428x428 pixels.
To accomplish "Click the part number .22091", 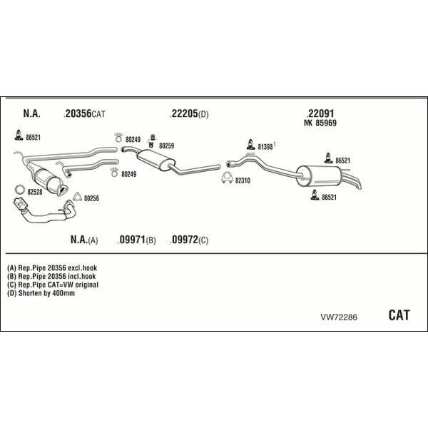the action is pyautogui.click(x=320, y=113).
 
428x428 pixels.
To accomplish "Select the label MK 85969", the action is pyautogui.click(x=320, y=123).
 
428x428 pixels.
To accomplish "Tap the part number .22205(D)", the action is pyautogui.click(x=189, y=113).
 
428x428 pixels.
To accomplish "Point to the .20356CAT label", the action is pyautogui.click(x=84, y=113).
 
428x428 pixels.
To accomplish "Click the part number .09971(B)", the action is pyautogui.click(x=136, y=240).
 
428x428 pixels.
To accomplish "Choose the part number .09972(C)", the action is pyautogui.click(x=189, y=240).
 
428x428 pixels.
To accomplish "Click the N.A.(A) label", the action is pyautogui.click(x=84, y=240).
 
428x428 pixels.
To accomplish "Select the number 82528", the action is pyautogui.click(x=35, y=192).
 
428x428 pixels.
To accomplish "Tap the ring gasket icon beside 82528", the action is pyautogui.click(x=20, y=189).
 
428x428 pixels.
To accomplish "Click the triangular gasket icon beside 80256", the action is pyautogui.click(x=77, y=197).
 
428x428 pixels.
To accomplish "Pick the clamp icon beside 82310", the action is pyautogui.click(x=227, y=178).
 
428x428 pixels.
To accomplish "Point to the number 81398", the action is pyautogui.click(x=265, y=147).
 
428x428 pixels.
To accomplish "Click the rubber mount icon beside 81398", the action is pyautogui.click(x=250, y=144).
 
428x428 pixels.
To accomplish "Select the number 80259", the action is pyautogui.click(x=166, y=146).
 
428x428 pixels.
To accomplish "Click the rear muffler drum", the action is pyautogui.click(x=319, y=176).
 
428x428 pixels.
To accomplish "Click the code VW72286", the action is pyautogui.click(x=339, y=317).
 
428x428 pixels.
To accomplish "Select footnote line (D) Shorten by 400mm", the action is pyautogui.click(x=41, y=293).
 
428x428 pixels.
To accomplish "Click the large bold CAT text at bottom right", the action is pyautogui.click(x=399, y=315).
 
